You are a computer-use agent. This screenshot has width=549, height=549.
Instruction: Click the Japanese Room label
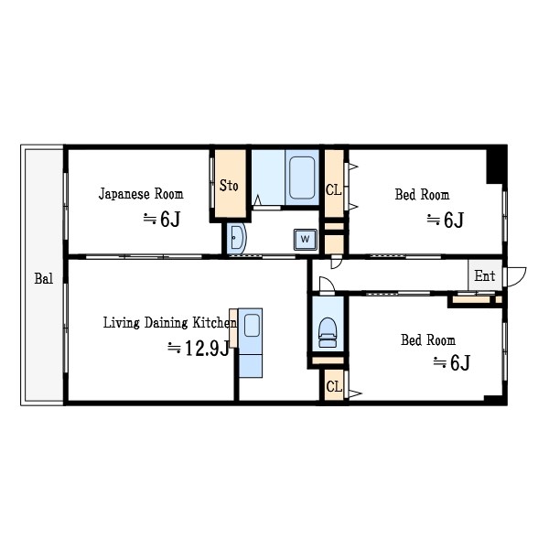[141, 194]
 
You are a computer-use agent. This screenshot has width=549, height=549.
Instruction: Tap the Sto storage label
[229, 186]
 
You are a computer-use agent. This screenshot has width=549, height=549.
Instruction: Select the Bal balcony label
[44, 279]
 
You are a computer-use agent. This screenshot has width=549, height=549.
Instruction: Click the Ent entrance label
[485, 276]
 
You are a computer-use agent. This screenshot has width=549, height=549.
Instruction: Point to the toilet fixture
[328, 332]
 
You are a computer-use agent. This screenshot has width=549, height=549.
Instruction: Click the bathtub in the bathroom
[302, 178]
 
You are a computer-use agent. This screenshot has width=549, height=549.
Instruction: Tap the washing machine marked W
[306, 240]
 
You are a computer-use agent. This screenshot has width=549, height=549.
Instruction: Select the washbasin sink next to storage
[237, 239]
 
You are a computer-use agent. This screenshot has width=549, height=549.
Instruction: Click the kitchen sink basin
[252, 325]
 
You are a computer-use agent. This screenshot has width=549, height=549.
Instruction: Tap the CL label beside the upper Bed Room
[333, 189]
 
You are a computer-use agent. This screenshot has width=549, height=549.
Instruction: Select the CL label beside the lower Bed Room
[334, 387]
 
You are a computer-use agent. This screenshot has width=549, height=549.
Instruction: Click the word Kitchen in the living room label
[215, 323]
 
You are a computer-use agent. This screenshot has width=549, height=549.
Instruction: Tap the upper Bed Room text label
[422, 195]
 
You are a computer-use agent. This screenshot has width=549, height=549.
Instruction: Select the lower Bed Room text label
[428, 340]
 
